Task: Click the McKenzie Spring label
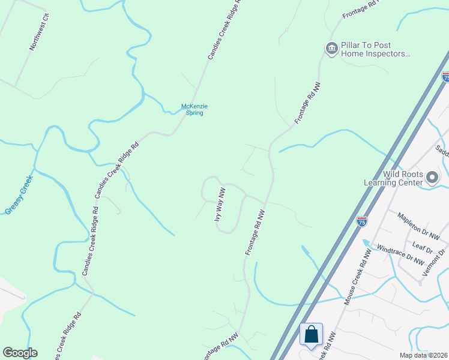point(194,110)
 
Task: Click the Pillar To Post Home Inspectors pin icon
point(331,48)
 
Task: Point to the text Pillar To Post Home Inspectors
point(375,49)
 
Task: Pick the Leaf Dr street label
point(423,247)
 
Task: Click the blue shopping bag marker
point(312,335)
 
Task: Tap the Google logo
point(20,353)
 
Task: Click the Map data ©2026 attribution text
point(423,355)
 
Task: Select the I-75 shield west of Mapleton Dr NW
point(361,221)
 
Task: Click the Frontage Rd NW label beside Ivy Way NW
point(255,232)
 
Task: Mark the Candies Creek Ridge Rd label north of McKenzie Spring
point(224,29)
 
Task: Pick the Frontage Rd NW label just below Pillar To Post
point(307,103)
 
